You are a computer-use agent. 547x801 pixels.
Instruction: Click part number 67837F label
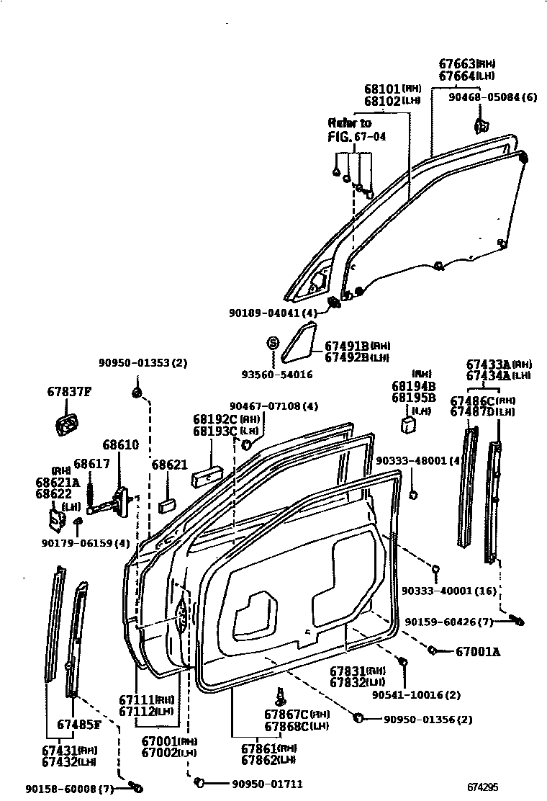point(70,392)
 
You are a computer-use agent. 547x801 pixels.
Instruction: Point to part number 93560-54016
point(276,375)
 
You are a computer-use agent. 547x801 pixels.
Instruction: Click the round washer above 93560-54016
point(273,341)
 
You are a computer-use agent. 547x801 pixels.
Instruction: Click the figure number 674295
point(482,787)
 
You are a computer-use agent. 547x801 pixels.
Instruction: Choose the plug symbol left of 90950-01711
point(202,782)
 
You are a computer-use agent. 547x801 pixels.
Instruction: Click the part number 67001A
point(477,652)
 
